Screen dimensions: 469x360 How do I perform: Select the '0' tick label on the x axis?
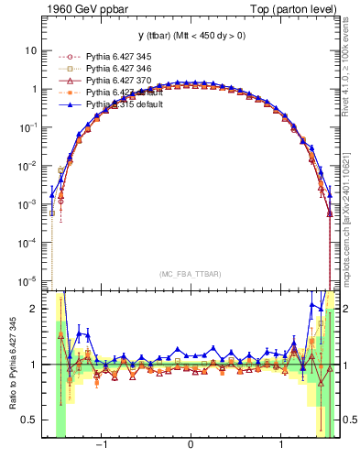(x=190, y=446)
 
